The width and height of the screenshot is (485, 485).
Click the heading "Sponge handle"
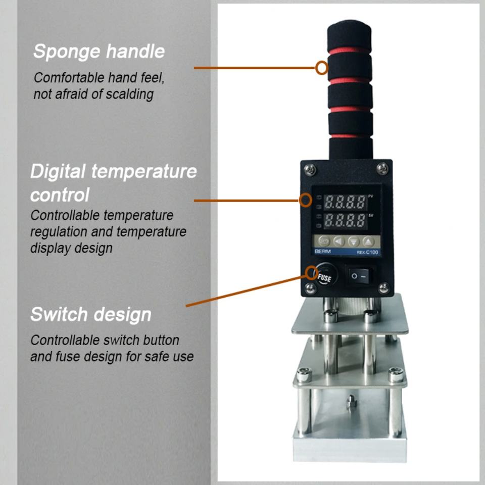pyautogui.click(x=99, y=52)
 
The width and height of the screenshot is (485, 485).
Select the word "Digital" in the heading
pyautogui.click(x=58, y=172)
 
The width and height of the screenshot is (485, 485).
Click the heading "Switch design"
pyautogui.click(x=91, y=314)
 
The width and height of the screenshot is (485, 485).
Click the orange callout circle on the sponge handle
pyautogui.click(x=322, y=67)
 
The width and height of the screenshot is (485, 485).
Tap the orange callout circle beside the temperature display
pyautogui.click(x=305, y=200)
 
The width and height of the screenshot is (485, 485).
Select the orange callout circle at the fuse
pyautogui.click(x=312, y=273)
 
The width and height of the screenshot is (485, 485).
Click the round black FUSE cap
pyautogui.click(x=324, y=276)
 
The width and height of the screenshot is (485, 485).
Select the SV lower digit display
pyautogui.click(x=345, y=220)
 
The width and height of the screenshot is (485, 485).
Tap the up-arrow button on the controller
pyautogui.click(x=370, y=241)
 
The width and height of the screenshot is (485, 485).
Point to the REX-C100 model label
pyautogui.click(x=367, y=252)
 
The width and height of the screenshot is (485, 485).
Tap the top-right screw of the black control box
pyautogui.click(x=383, y=165)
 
